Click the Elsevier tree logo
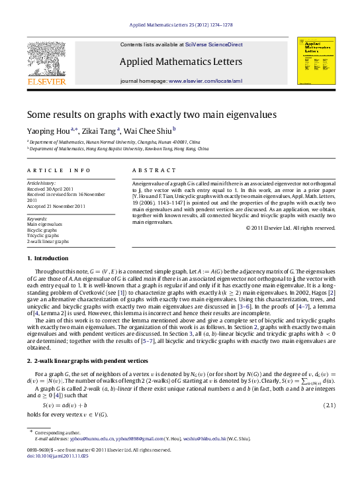46,61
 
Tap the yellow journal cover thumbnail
316,60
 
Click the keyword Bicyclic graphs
42,229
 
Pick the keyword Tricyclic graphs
42,234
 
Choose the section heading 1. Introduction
47,258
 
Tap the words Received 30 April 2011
49,187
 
